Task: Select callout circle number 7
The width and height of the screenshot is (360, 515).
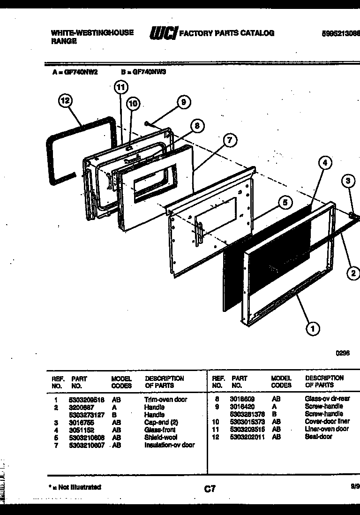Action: (x=229, y=140)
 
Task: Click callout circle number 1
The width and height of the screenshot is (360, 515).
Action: (x=312, y=328)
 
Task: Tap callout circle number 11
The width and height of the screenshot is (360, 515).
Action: (x=121, y=87)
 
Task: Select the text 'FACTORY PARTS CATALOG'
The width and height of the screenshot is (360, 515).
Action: (x=227, y=33)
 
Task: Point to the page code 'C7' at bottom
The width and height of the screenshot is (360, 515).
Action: (x=210, y=489)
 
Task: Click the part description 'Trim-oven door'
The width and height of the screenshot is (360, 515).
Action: (x=165, y=400)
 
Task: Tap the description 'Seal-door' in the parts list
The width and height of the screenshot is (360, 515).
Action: (x=318, y=437)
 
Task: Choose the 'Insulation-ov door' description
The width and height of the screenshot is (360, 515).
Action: (x=169, y=445)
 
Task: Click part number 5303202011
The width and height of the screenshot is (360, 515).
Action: (x=247, y=437)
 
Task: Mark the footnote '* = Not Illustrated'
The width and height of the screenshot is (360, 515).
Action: (x=75, y=487)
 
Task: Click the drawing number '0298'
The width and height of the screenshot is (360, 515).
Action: (x=343, y=354)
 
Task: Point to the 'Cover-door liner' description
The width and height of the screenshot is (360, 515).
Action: (x=327, y=422)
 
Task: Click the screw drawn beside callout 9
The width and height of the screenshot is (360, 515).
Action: (x=148, y=124)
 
